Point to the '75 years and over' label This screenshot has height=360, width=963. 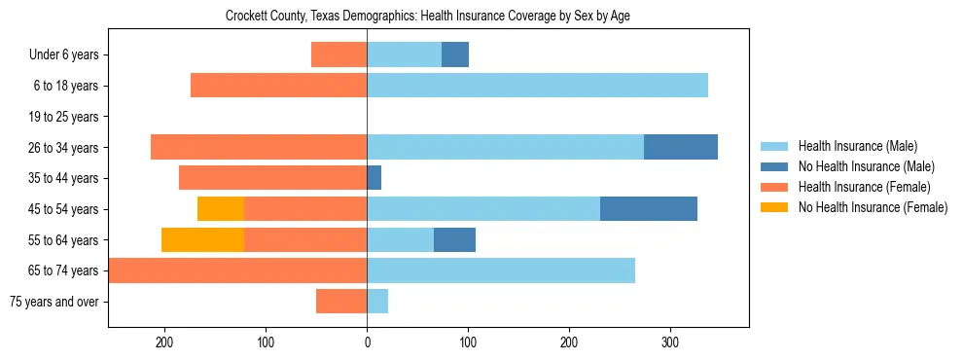[54, 302]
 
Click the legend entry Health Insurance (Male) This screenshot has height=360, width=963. [856, 146]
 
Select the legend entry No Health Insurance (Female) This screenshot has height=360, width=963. [873, 207]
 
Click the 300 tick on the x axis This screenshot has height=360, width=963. [670, 342]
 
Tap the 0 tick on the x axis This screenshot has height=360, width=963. [367, 342]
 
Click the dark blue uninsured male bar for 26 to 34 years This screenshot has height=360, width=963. [681, 147]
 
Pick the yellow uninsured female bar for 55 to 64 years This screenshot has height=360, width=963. [202, 240]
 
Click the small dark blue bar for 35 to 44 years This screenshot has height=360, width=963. [374, 178]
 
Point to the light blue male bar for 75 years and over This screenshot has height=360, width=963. [377, 302]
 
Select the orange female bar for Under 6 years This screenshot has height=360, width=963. [339, 54]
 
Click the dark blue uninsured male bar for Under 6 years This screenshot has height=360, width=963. [455, 54]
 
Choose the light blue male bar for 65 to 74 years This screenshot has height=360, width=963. [501, 270]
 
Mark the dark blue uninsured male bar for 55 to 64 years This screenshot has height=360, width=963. [454, 240]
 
